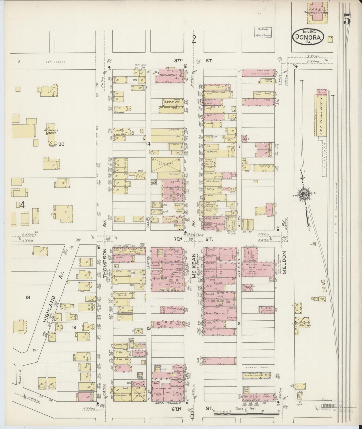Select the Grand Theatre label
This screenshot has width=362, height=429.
click(214, 313)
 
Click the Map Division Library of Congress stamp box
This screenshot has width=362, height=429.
click(263, 32)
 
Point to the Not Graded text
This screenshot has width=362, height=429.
click(53, 62)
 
